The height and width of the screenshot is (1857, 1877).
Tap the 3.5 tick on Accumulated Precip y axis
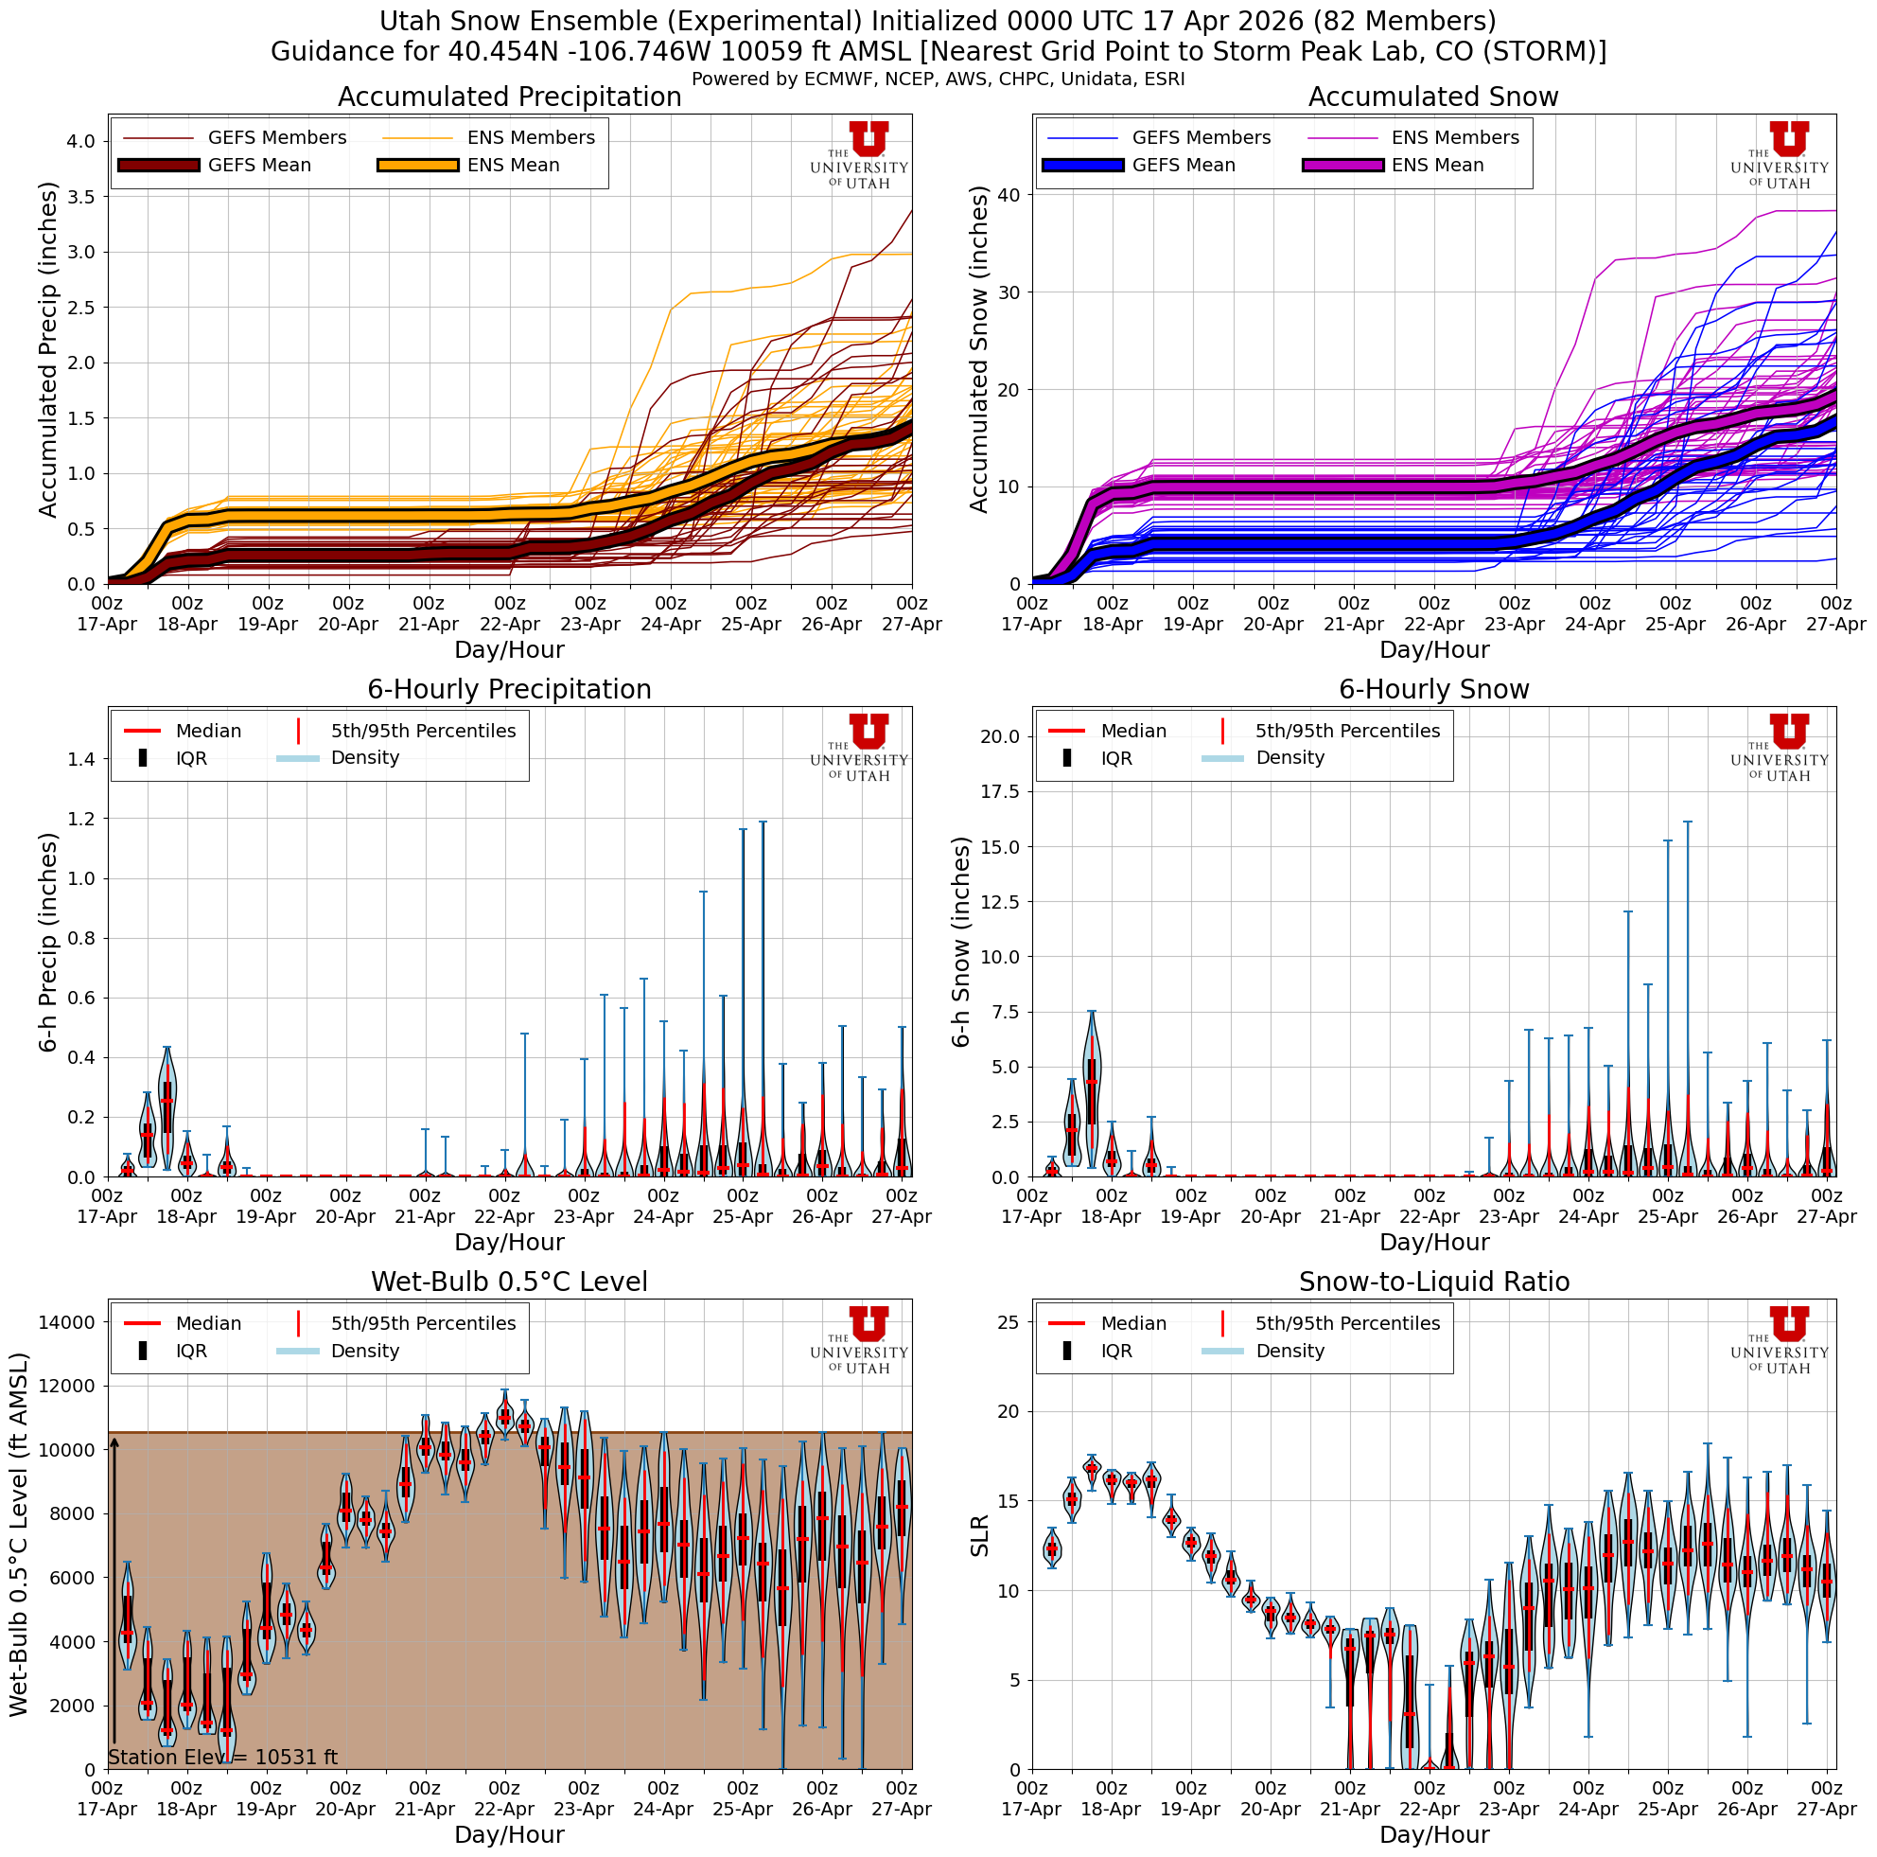pos(81,196)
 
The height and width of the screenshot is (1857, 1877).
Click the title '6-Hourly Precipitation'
pos(509,689)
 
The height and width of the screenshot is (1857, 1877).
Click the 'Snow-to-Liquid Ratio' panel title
pos(1433,1282)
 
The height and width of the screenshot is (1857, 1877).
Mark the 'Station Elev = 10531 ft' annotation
pos(222,1757)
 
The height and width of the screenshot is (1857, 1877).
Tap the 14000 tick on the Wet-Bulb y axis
pos(66,1321)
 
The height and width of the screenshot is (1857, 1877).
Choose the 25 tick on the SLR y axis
pos(1007,1321)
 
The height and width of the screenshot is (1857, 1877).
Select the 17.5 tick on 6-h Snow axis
pos(1000,792)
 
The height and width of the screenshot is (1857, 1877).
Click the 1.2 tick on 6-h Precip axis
pos(81,819)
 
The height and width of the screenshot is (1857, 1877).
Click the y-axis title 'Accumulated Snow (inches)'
pos(979,350)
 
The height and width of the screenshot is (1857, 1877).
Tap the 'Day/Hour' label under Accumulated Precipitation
pos(509,649)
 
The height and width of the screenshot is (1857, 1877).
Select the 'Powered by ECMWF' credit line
pos(938,80)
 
